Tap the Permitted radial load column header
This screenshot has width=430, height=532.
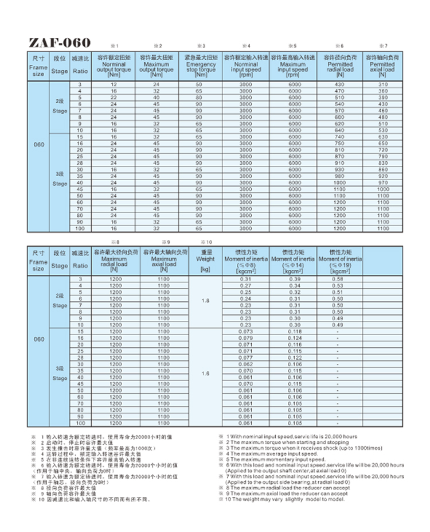(341, 65)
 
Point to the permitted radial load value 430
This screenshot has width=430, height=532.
(341, 84)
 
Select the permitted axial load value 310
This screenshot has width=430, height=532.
(383, 84)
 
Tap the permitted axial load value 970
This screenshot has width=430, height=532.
(383, 182)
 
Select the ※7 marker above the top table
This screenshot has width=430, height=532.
(384, 45)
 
